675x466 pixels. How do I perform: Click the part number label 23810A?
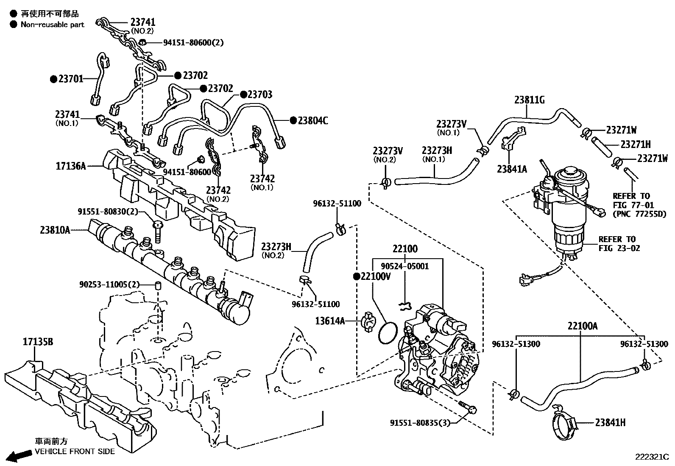[x=55, y=230]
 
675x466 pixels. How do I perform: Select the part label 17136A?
[x=71, y=166]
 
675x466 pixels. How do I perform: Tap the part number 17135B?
[x=38, y=341]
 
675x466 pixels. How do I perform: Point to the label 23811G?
[x=530, y=100]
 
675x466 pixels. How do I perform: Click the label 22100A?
[x=583, y=326]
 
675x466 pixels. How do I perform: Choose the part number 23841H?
[x=610, y=422]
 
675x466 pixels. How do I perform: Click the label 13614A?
[x=330, y=321]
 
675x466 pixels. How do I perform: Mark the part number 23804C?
[x=313, y=120]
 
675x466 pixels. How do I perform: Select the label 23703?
[x=260, y=94]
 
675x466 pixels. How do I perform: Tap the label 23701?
[x=71, y=78]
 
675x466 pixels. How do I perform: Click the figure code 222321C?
[x=651, y=457]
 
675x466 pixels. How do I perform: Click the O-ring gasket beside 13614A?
[x=387, y=333]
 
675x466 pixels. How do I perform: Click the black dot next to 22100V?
[x=357, y=276]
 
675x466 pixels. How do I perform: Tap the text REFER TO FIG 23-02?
[x=619, y=243]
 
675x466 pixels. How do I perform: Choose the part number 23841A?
[x=512, y=169]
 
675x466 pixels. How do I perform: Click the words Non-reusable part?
[x=53, y=25]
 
